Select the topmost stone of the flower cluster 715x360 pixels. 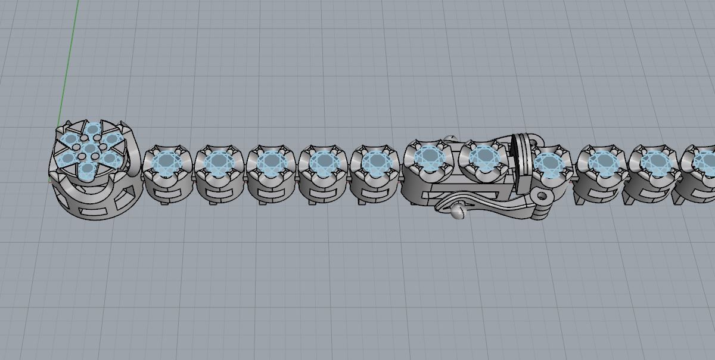click(x=93, y=129)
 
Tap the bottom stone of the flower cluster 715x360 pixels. click(x=88, y=170)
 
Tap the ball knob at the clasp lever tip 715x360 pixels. click(x=458, y=212)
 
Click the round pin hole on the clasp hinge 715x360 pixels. click(x=542, y=195)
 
